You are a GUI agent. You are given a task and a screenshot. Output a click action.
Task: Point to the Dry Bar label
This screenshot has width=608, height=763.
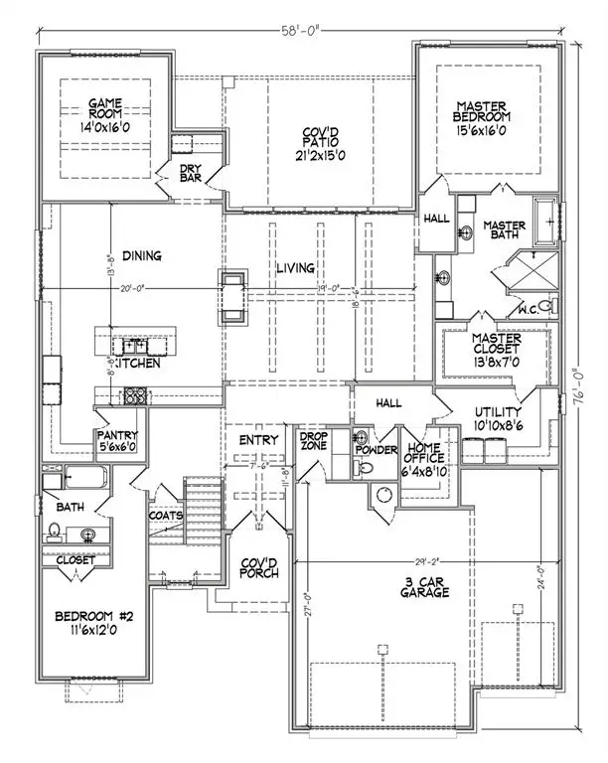(192, 174)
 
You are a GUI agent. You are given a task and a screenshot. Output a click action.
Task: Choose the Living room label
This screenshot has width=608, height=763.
(295, 268)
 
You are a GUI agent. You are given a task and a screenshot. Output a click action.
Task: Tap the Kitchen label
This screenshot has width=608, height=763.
(136, 364)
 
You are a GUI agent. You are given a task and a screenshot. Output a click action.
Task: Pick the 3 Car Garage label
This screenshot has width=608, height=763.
(419, 586)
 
